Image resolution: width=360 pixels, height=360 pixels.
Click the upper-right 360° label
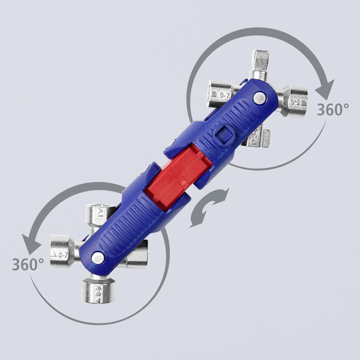(333, 109)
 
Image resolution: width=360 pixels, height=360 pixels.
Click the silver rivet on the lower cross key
(97, 257)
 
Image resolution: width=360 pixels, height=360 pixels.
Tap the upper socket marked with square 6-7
(220, 94)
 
